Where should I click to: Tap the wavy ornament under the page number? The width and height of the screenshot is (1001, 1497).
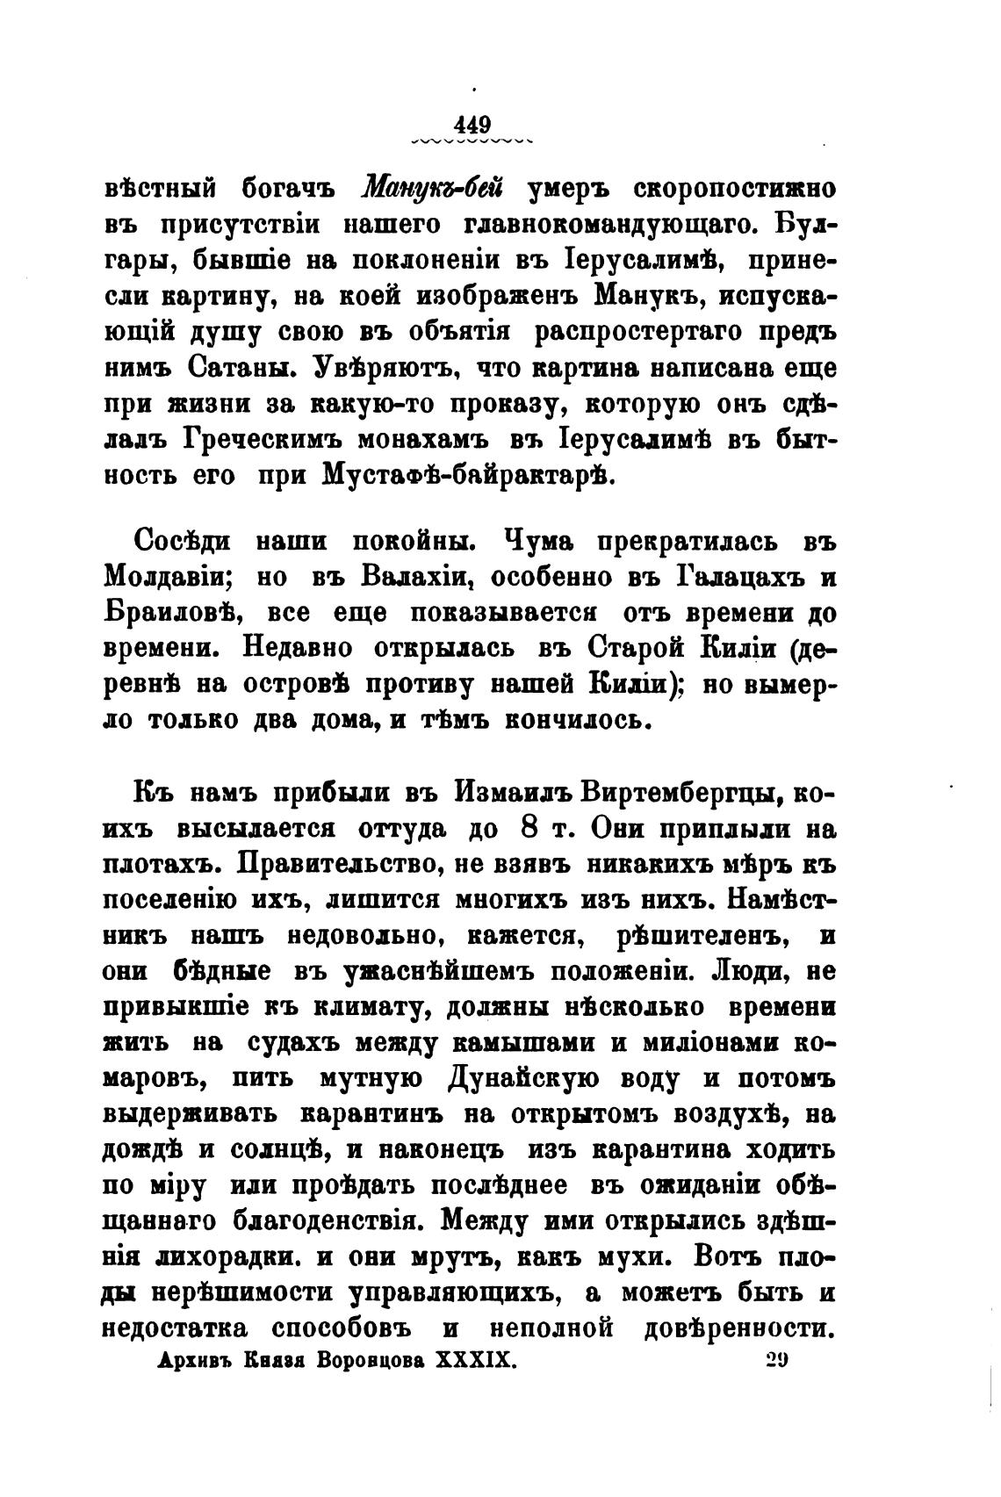[472, 140]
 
